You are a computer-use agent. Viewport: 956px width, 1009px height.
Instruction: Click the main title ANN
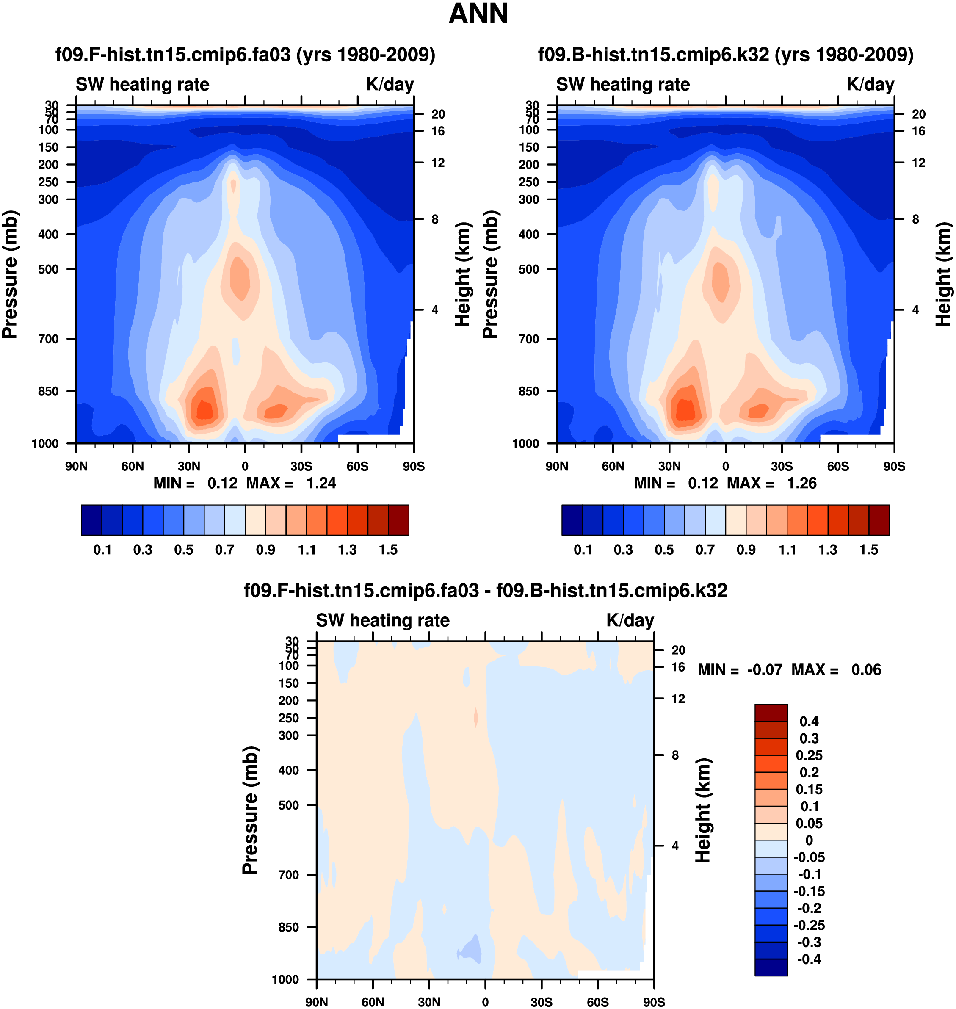478,14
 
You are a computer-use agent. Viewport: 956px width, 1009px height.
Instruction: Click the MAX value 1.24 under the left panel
321,483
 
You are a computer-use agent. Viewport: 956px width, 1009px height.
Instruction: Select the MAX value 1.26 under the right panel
801,483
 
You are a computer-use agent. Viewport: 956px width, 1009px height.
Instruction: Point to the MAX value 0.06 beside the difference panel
866,669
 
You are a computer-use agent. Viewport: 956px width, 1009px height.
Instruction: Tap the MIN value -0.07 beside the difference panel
764,669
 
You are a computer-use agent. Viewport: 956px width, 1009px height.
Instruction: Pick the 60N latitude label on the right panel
613,466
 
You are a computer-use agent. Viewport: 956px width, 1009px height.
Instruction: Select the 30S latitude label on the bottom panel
541,1002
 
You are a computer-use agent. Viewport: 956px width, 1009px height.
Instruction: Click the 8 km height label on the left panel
435,219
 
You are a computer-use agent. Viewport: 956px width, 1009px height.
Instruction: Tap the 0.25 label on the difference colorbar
809,755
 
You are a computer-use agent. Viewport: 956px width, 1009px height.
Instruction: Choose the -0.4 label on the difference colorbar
809,959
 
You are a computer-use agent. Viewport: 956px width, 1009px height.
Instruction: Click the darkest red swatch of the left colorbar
398,520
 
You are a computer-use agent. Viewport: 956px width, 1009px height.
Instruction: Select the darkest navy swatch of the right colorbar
572,520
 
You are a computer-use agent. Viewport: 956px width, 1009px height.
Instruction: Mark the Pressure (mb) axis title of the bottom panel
250,810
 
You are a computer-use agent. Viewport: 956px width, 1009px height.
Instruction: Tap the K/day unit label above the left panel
390,85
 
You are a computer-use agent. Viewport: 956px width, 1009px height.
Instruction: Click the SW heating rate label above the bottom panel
383,620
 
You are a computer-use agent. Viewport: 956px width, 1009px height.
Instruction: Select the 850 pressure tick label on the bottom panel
288,927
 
